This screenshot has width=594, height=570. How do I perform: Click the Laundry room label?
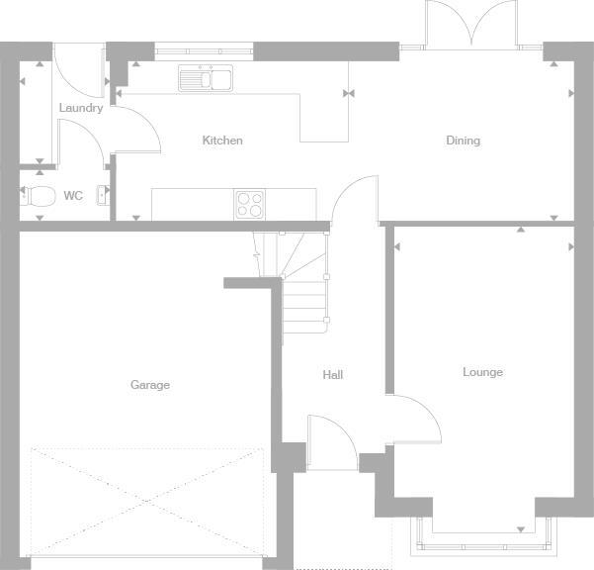pos(80,108)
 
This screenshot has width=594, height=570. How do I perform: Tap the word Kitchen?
pos(222,141)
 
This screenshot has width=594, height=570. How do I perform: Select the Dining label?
pos(463,141)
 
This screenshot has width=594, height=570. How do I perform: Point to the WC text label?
pos(73,196)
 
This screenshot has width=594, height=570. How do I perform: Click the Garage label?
pos(150,385)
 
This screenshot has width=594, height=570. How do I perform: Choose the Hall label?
pos(332,375)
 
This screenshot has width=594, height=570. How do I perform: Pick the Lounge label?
pos(482,372)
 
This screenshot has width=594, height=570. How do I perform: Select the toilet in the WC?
pos(40,195)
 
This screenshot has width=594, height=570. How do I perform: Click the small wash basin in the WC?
pos(102,195)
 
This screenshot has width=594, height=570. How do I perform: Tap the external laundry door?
pos(77,69)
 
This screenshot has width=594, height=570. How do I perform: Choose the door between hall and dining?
pos(354,201)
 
